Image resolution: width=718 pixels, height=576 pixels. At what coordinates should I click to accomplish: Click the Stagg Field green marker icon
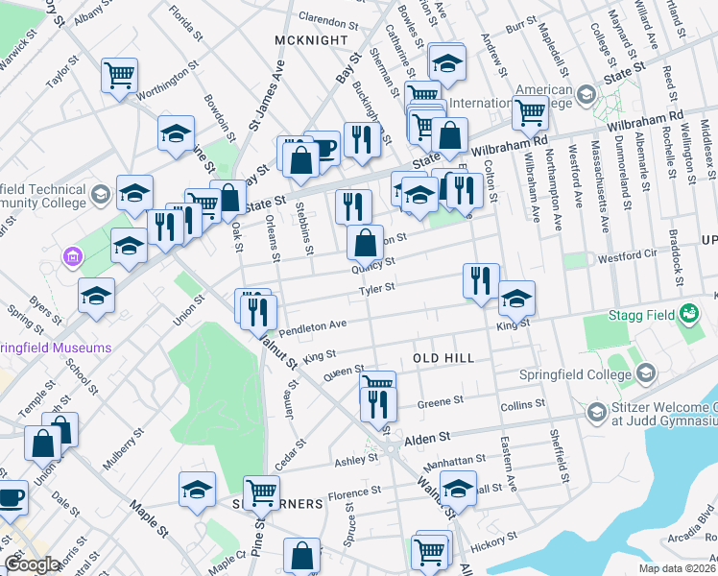[688, 313]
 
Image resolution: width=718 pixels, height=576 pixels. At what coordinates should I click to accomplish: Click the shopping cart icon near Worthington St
[120, 75]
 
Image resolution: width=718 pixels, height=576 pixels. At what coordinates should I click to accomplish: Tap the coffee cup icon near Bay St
[323, 148]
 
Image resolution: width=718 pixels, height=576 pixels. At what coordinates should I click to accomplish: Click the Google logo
[32, 565]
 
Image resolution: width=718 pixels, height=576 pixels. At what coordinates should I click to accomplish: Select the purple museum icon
[69, 257]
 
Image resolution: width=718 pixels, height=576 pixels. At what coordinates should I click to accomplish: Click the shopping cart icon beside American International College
[529, 113]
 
